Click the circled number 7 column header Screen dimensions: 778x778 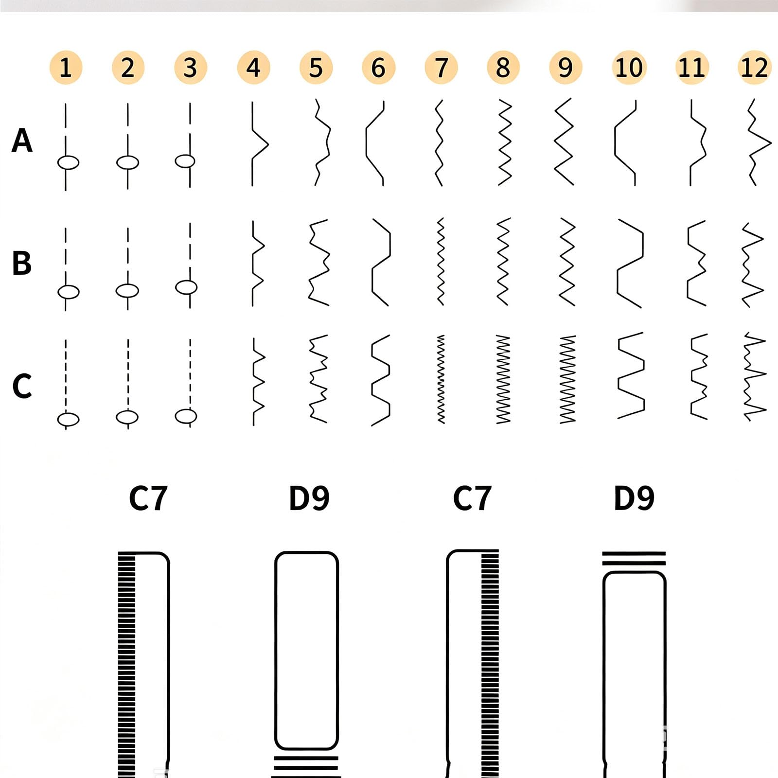click(x=441, y=68)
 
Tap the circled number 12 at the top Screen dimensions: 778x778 click(x=754, y=68)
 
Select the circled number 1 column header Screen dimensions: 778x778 click(x=66, y=68)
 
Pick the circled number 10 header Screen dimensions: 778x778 click(x=629, y=68)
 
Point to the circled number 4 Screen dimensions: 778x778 click(x=253, y=68)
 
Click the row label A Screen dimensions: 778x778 click(x=22, y=141)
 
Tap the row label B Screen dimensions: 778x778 click(x=22, y=263)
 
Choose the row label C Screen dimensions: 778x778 click(x=22, y=386)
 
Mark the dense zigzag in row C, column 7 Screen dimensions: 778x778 click(x=441, y=379)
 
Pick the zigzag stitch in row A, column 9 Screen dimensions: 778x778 click(x=564, y=142)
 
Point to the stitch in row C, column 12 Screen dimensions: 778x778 click(x=755, y=377)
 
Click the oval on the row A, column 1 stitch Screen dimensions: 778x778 click(x=68, y=162)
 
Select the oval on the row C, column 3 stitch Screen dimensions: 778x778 click(x=186, y=416)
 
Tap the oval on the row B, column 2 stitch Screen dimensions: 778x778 click(x=127, y=291)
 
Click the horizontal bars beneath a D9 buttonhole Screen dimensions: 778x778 click(x=306, y=767)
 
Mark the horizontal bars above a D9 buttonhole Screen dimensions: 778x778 click(x=634, y=559)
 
